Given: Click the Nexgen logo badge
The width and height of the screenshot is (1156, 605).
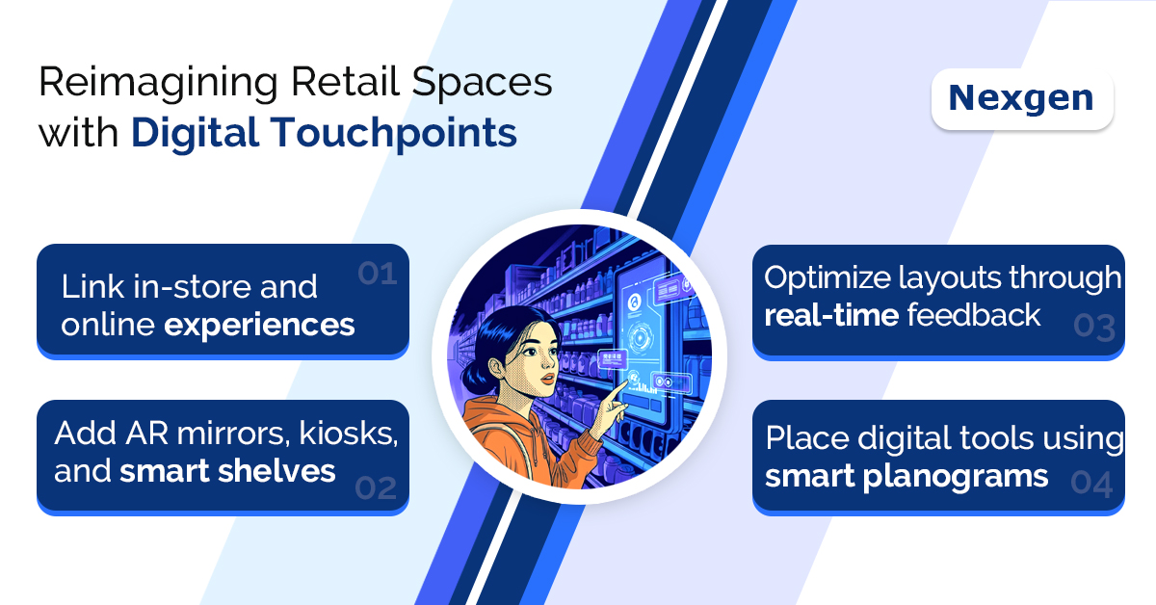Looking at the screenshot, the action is click(x=1022, y=98).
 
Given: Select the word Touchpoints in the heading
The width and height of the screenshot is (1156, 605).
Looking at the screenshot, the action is click(x=395, y=134).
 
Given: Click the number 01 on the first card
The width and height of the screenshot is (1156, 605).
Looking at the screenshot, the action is click(x=378, y=273).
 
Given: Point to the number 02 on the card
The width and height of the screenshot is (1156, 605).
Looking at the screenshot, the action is click(x=376, y=487).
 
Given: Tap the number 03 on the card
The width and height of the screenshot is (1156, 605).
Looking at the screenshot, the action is click(x=1094, y=328).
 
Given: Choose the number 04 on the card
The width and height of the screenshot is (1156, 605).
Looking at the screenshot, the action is click(x=1091, y=484).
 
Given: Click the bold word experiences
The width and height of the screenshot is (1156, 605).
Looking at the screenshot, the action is click(x=259, y=326).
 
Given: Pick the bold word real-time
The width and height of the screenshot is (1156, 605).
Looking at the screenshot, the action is click(x=831, y=315).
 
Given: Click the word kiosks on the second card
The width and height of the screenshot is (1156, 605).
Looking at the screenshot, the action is click(x=349, y=434).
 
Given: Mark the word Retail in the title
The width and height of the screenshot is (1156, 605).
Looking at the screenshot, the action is click(x=345, y=82).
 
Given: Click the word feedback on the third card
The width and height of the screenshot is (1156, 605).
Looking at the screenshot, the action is click(x=974, y=315).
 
